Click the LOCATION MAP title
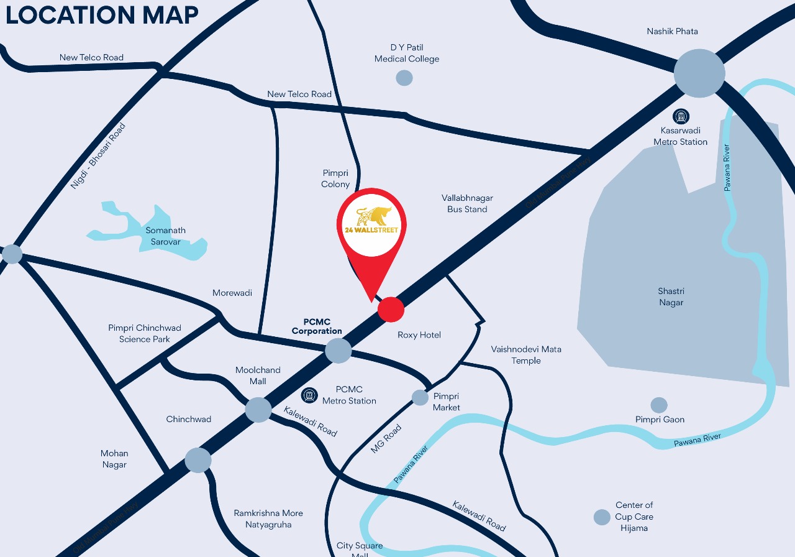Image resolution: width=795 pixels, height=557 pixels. tap(102, 15)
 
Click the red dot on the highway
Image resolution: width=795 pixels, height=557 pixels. tap(391, 309)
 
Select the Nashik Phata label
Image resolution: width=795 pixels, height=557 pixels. tap(672, 31)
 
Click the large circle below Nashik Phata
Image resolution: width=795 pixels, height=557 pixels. tap(699, 73)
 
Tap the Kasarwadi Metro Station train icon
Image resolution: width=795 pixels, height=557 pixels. tap(681, 116)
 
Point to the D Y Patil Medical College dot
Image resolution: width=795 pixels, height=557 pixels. tap(404, 78)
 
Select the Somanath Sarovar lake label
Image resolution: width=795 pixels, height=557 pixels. tap(166, 236)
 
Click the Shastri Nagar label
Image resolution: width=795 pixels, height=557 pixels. tap(671, 297)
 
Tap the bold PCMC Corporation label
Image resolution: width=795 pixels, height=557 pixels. tap(317, 326)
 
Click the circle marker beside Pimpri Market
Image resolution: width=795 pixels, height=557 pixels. tap(420, 397)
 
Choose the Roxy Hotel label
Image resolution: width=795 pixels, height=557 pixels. tap(419, 335)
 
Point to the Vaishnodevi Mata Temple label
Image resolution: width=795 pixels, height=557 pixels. tap(525, 355)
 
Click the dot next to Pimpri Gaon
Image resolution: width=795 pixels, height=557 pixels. tap(658, 405)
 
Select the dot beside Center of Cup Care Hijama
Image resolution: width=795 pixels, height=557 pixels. tap(602, 517)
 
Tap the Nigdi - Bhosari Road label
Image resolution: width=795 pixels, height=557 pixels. tap(98, 156)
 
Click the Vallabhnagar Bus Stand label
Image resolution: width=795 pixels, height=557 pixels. tap(467, 203)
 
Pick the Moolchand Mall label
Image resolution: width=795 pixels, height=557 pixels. tap(258, 375)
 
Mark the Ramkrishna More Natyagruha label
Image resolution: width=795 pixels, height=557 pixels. tap(268, 518)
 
